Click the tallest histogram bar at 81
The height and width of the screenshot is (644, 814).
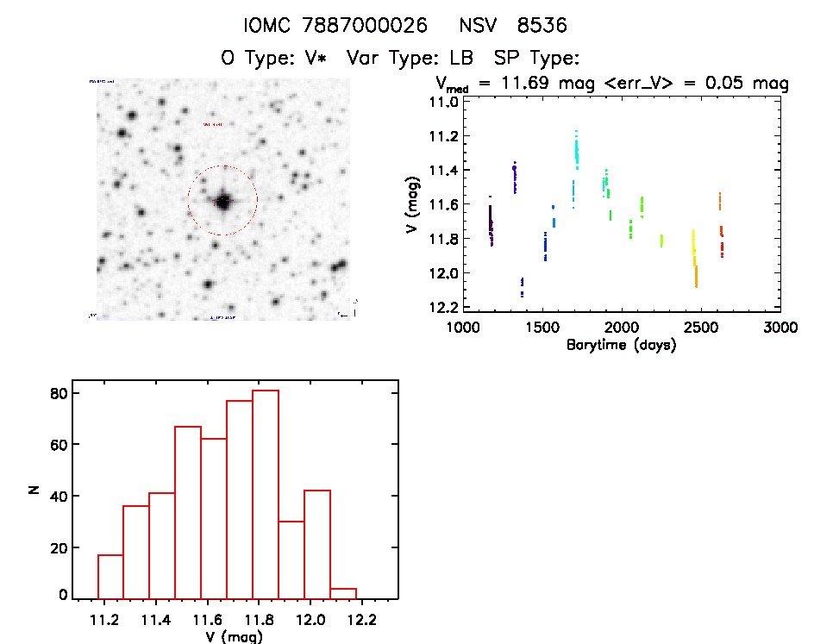tap(266, 494)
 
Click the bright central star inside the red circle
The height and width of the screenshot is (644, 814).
tap(223, 202)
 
